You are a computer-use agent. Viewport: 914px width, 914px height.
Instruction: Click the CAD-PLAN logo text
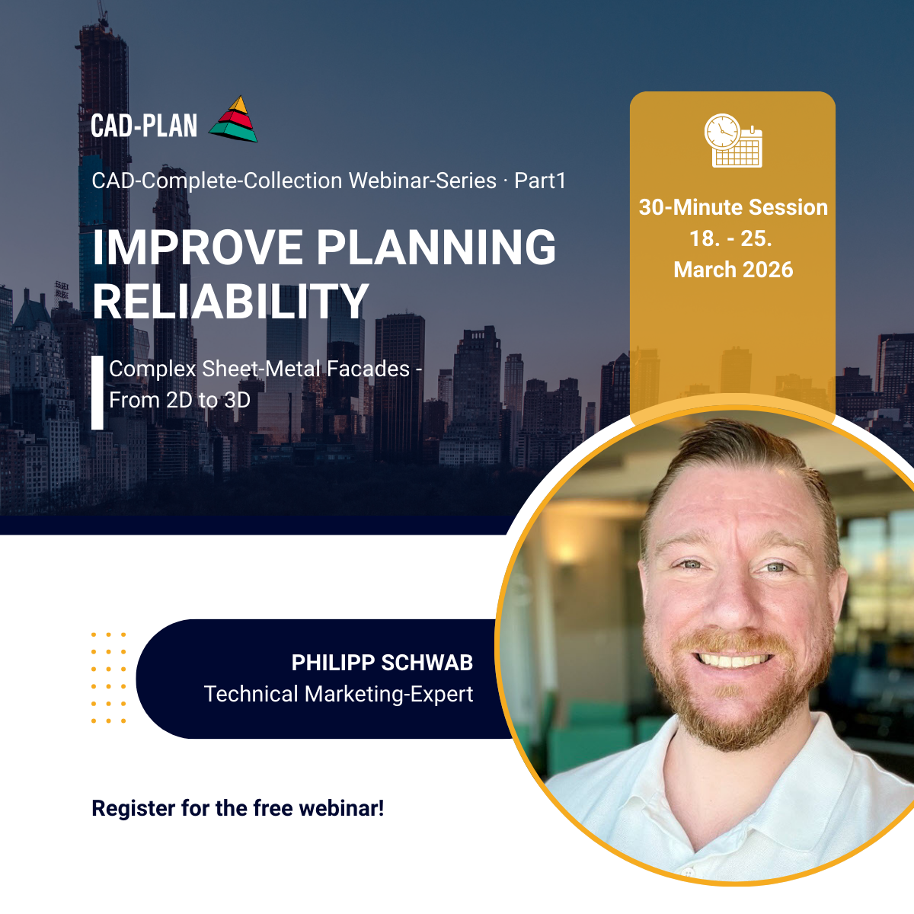144,126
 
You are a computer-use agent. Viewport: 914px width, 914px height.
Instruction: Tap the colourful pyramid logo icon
233,119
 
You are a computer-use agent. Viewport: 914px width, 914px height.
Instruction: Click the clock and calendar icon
733,140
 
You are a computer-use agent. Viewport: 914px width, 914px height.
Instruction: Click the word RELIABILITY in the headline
231,302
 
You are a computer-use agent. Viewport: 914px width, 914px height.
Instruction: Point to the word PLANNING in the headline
436,247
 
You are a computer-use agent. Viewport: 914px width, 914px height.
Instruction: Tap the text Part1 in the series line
540,181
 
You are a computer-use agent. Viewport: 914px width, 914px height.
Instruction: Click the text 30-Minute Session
733,207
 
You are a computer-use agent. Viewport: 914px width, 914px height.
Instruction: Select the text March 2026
733,270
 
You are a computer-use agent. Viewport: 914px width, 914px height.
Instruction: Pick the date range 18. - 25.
731,238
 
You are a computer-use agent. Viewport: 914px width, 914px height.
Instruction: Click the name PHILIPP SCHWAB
382,663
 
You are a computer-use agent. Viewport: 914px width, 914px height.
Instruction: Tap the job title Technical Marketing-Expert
339,694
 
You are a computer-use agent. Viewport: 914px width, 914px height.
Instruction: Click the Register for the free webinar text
238,808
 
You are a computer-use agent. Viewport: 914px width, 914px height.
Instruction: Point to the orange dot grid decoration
109,678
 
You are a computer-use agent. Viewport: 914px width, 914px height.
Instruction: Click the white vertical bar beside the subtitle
97,393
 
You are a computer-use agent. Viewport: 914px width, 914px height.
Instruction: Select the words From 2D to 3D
180,401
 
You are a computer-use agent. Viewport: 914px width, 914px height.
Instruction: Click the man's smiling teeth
733,660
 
